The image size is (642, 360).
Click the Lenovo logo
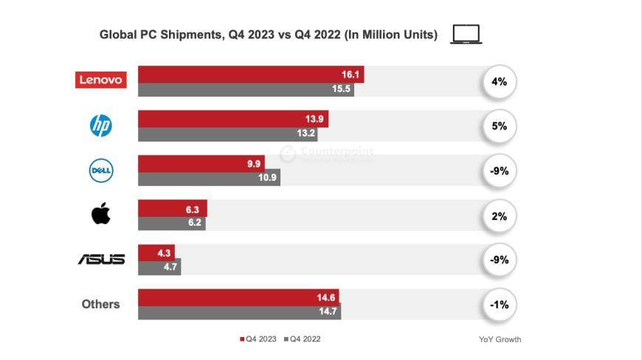[101, 80]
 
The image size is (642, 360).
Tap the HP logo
[100, 126]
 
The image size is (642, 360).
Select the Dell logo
[100, 170]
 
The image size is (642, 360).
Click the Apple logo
[100, 215]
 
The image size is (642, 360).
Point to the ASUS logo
[101, 260]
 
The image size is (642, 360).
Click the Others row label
[100, 304]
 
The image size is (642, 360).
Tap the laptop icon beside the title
[466, 35]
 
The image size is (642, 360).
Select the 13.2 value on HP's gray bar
[306, 134]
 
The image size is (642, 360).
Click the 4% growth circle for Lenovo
[500, 81]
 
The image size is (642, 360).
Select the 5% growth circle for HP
[500, 126]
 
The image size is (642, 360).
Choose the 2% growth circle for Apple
[500, 215]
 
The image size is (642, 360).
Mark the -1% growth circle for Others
[500, 305]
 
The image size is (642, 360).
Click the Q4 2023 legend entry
[258, 339]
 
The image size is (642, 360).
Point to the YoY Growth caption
[500, 339]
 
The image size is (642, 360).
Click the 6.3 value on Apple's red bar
[196, 209]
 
